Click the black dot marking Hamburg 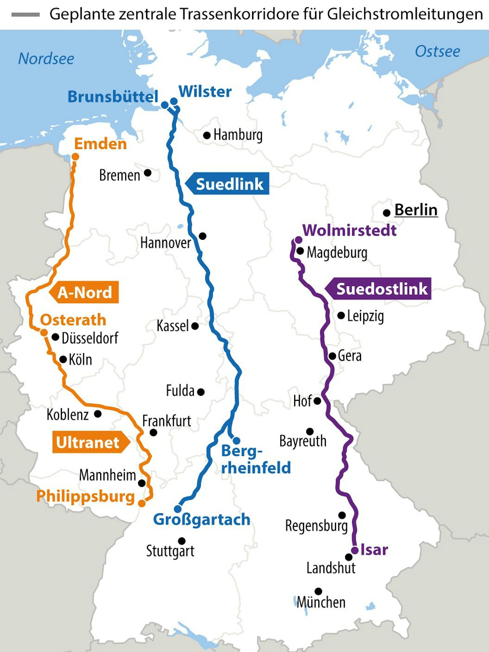pyautogui.click(x=207, y=135)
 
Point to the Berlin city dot pyautogui.click(x=387, y=212)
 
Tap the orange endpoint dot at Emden pyautogui.click(x=75, y=157)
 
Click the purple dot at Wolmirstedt pyautogui.click(x=299, y=240)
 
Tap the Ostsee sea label pyautogui.click(x=437, y=51)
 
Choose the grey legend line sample pyautogui.click(x=26, y=15)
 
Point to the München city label pyautogui.click(x=321, y=602)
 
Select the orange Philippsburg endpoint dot pyautogui.click(x=142, y=503)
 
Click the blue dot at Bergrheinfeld pyautogui.click(x=236, y=441)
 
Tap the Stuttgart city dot pyautogui.click(x=182, y=541)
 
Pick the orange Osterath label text pyautogui.click(x=73, y=320)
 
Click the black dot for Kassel pyautogui.click(x=195, y=326)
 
